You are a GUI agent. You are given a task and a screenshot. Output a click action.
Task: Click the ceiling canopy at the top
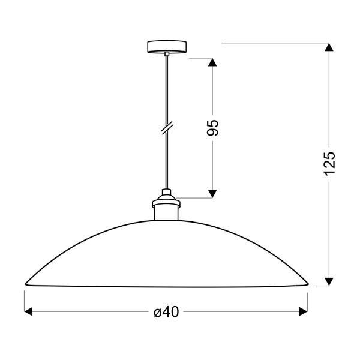tap(167, 47)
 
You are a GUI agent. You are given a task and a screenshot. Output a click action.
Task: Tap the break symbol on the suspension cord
tap(167, 128)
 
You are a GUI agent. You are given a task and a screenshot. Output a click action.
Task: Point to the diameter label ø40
tap(166, 311)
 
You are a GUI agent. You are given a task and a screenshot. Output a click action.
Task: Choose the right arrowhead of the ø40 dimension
tap(303, 311)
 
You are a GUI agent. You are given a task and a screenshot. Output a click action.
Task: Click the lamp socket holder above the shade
tap(167, 211)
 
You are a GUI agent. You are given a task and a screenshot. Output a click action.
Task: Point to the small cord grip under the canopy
tap(167, 55)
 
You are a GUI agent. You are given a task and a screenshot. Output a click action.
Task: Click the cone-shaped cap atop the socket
tap(167, 196)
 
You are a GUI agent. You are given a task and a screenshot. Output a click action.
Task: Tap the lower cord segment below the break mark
tap(167, 162)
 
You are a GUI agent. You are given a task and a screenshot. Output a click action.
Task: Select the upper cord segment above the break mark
tap(167, 90)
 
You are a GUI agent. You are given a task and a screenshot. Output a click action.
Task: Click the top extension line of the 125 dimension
tap(270, 43)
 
